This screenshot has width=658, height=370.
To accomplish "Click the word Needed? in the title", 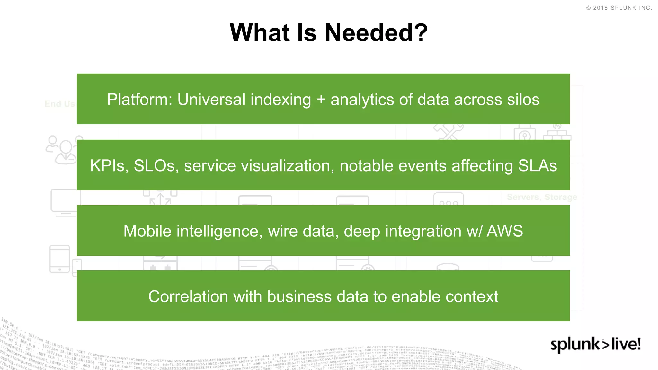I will tap(376, 33).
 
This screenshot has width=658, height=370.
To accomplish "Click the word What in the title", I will tap(260, 33).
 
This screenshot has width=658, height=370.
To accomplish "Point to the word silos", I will tap(523, 100).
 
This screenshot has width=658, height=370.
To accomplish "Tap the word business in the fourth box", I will tap(299, 296).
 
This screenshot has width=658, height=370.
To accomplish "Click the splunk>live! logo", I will tap(595, 344).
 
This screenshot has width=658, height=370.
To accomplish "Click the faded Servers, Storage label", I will tap(542, 197).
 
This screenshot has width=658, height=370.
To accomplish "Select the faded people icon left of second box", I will tap(63, 149).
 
